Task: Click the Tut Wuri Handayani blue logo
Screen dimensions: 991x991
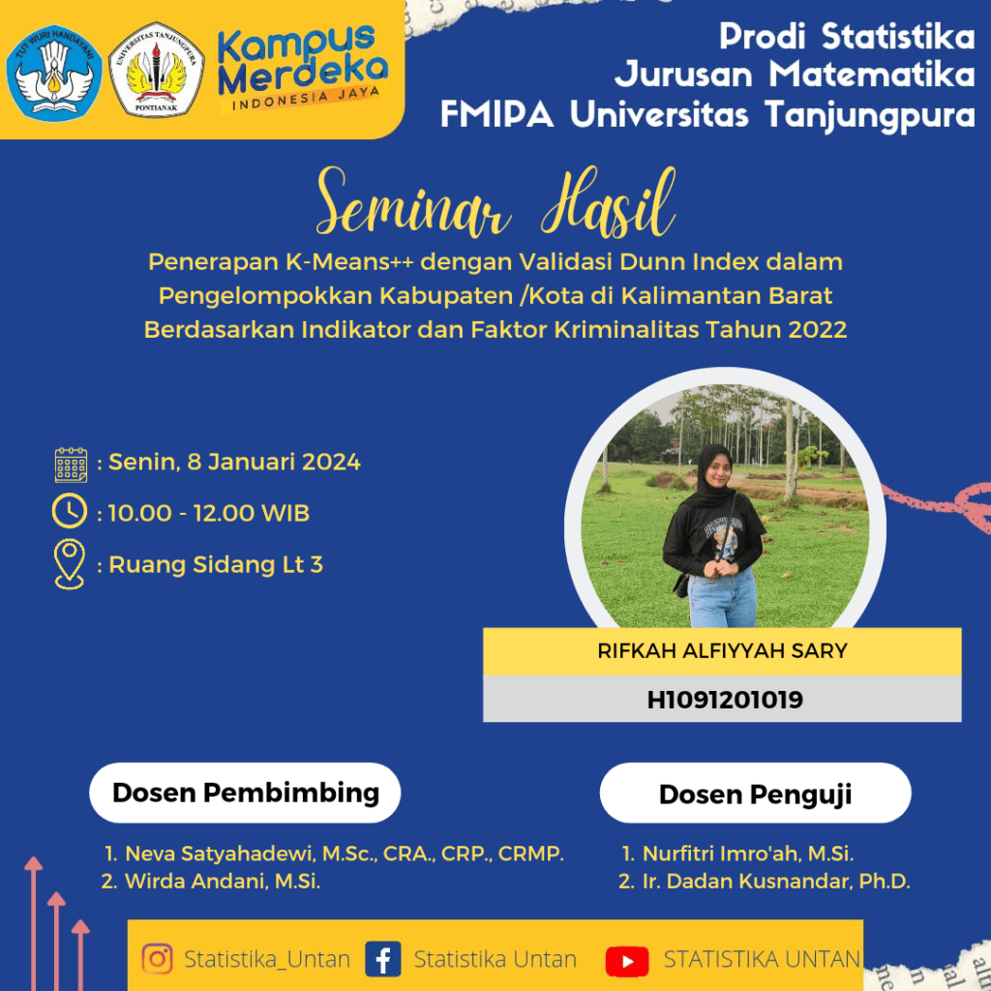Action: (54, 73)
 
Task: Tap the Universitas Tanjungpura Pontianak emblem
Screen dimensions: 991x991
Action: (156, 70)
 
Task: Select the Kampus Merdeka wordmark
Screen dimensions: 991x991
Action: (302, 69)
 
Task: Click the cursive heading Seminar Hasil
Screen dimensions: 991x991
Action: (496, 203)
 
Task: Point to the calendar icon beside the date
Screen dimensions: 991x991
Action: (71, 465)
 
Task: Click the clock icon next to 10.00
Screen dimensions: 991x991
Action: (70, 511)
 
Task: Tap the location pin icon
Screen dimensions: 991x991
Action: (70, 564)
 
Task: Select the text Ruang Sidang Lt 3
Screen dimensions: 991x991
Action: (216, 564)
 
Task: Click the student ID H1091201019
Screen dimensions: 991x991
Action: (725, 700)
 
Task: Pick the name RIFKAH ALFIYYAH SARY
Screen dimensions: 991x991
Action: (722, 651)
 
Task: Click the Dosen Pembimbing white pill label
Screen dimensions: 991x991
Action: (245, 793)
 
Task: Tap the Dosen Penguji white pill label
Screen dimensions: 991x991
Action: (755, 794)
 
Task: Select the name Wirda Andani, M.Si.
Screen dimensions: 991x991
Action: (223, 881)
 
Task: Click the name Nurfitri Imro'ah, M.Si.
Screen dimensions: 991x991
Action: (748, 854)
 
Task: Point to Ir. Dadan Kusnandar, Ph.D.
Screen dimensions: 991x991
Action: (776, 881)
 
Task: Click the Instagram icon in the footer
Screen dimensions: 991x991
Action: (158, 959)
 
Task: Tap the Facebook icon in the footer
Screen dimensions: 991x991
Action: (383, 959)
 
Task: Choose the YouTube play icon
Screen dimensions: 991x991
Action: (627, 961)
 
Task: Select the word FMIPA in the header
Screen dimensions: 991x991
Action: (496, 115)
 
